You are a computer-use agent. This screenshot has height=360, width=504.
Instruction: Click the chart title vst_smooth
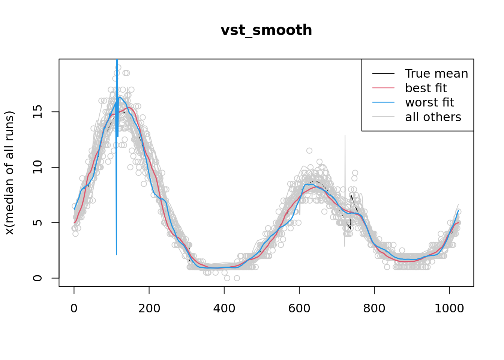click(266, 30)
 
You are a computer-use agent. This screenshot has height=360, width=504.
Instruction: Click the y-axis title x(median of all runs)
click(9, 173)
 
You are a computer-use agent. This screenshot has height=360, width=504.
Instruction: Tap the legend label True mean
click(436, 73)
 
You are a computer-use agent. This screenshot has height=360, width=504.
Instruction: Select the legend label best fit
click(426, 88)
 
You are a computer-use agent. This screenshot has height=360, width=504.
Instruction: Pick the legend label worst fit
click(429, 102)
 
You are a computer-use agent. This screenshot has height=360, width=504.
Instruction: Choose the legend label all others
click(433, 117)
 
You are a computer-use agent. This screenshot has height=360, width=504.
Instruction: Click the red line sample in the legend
click(383, 88)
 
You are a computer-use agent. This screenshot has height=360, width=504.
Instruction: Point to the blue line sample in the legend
click(383, 102)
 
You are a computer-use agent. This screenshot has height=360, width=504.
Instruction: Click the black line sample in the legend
click(383, 73)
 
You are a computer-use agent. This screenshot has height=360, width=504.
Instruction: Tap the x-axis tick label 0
click(74, 308)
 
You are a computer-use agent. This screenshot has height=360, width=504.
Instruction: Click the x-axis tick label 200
click(149, 308)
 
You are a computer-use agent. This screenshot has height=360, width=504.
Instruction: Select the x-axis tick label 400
click(224, 308)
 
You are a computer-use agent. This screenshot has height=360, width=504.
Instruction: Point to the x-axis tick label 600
click(299, 308)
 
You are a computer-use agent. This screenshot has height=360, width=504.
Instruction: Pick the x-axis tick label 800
click(374, 308)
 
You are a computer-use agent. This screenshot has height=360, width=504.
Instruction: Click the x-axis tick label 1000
click(449, 308)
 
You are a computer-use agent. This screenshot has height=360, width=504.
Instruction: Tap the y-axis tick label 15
click(37, 112)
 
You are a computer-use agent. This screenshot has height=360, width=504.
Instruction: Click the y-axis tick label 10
click(37, 167)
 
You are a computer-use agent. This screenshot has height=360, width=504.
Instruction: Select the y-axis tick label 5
click(37, 223)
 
